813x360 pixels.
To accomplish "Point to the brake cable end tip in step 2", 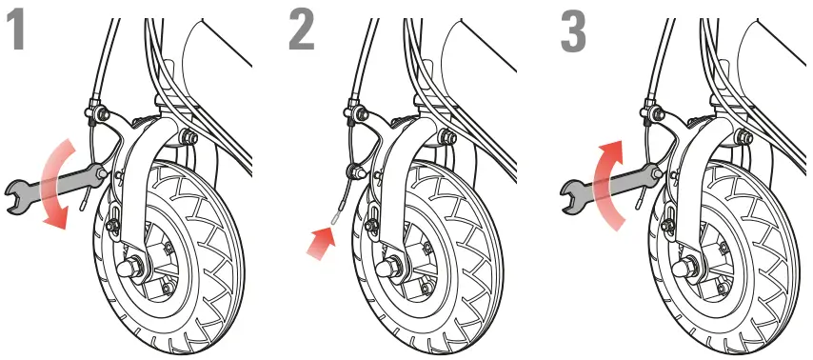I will coord(336,218).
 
